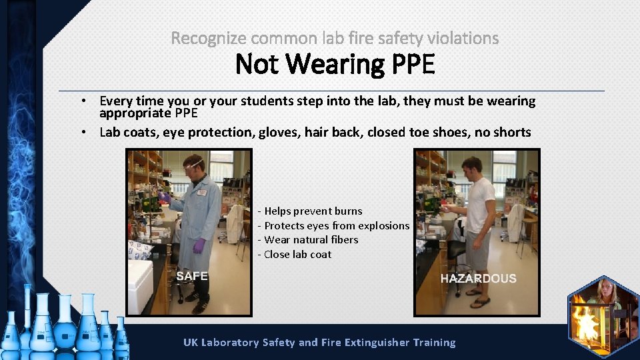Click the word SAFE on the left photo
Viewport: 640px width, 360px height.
coord(192,276)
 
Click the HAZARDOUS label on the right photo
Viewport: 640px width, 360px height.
coord(478,279)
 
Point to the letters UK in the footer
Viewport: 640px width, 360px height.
coord(191,343)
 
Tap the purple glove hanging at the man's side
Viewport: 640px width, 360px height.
coord(199,246)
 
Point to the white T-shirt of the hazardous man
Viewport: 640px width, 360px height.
coord(479,203)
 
